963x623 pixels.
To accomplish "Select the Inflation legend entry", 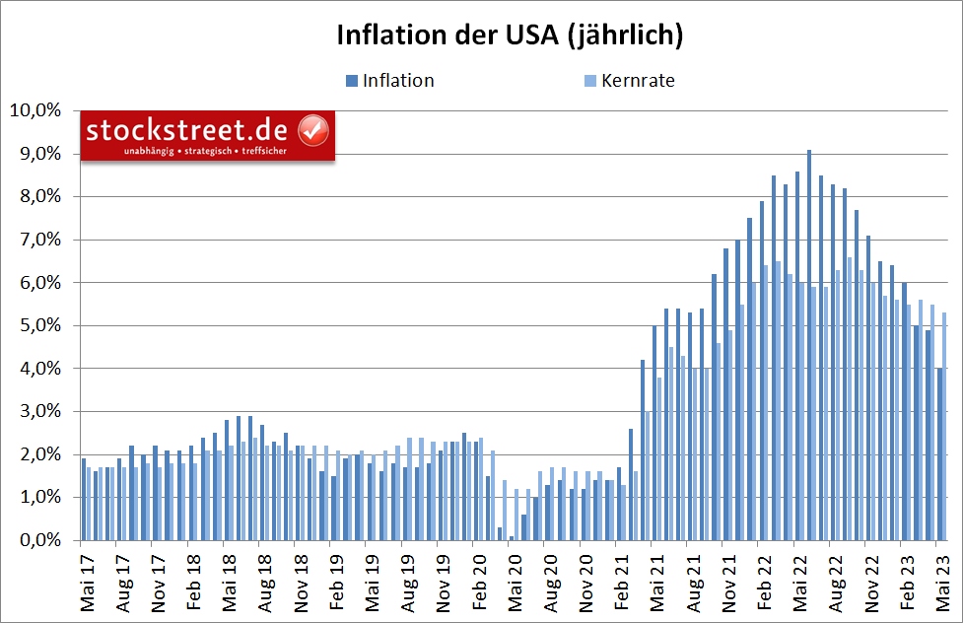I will (397, 81).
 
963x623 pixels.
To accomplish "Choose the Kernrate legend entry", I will (638, 81).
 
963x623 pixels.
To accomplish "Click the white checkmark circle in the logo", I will (313, 129).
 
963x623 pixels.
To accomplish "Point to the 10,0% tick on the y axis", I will (35, 110).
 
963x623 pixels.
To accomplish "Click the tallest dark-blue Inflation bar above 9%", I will (808, 345).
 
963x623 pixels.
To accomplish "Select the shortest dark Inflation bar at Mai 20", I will (511, 537).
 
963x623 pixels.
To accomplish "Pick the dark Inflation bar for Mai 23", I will (939, 453).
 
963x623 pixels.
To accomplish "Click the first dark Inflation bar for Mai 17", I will (83, 499).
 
